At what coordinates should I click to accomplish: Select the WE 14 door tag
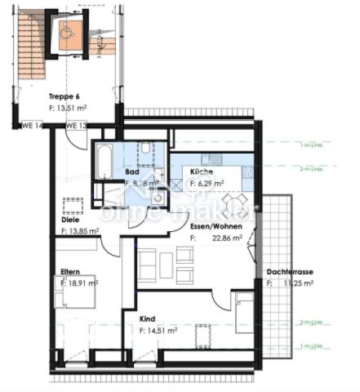click(x=31, y=126)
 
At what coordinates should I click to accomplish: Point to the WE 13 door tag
click(x=76, y=126)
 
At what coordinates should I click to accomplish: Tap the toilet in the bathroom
click(x=144, y=149)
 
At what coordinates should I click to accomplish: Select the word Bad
click(x=132, y=172)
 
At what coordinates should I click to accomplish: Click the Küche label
click(x=202, y=173)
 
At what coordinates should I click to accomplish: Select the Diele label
click(x=70, y=220)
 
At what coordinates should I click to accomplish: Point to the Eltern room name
click(x=69, y=271)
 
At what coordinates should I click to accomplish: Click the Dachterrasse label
click(x=291, y=272)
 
